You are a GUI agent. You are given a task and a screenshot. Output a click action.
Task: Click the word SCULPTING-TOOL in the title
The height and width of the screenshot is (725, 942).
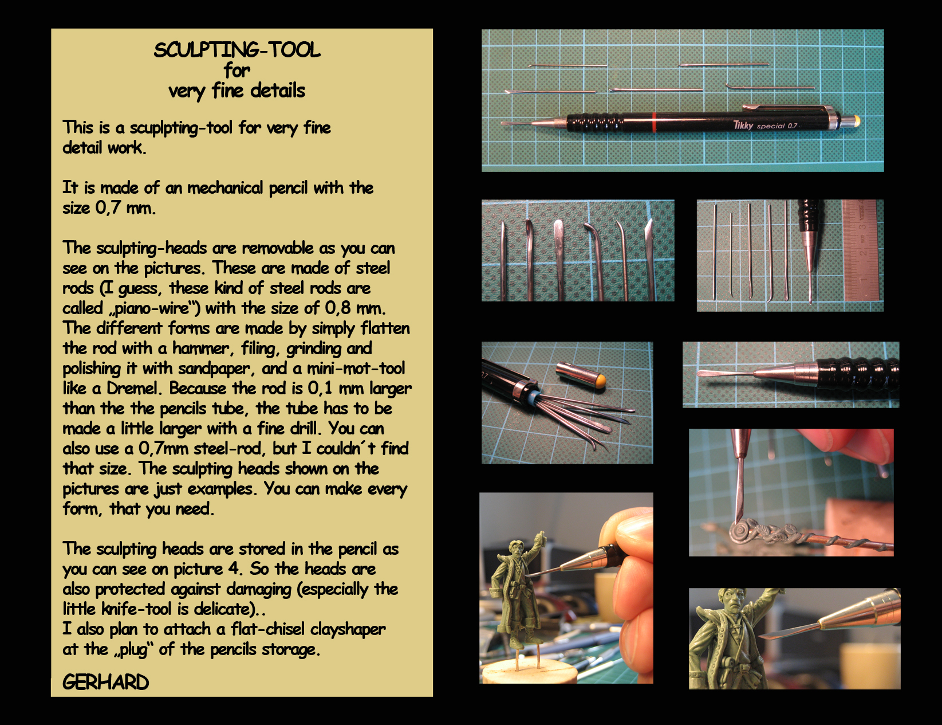tap(237, 50)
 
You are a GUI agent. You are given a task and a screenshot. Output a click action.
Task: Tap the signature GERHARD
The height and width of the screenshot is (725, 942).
tap(106, 682)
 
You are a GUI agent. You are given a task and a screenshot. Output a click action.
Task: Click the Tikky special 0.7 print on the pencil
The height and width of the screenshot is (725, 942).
tap(765, 126)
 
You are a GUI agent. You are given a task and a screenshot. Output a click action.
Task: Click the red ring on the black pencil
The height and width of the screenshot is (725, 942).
tap(654, 122)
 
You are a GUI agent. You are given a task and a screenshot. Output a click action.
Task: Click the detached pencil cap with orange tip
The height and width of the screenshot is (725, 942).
tap(581, 374)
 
